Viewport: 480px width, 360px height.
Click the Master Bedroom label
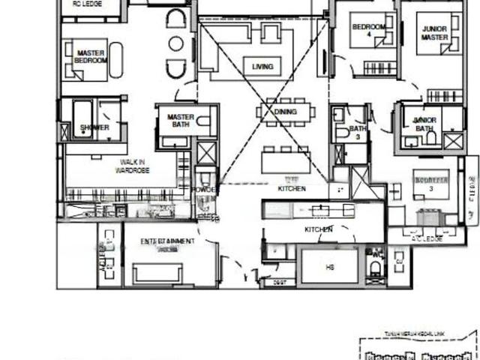click(x=91, y=56)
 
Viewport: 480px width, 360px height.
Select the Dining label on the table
click(x=284, y=112)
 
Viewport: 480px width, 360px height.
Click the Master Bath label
click(x=181, y=121)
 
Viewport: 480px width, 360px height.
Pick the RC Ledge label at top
click(x=88, y=3)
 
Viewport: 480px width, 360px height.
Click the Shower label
click(x=94, y=127)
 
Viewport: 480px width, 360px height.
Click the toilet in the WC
click(x=376, y=268)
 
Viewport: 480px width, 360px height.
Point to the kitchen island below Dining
click(x=284, y=162)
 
